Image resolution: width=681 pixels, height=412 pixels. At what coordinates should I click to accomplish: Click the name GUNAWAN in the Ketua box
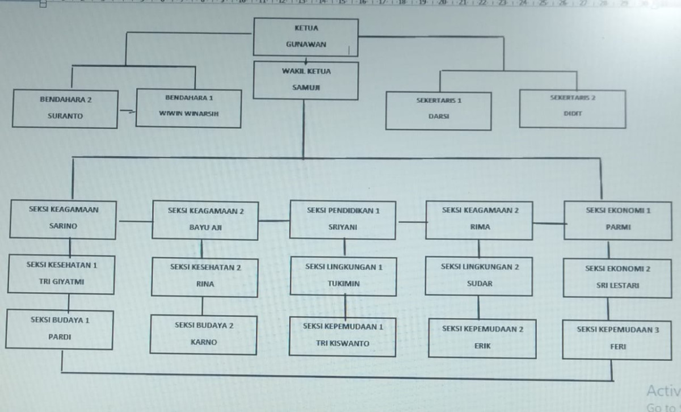306,45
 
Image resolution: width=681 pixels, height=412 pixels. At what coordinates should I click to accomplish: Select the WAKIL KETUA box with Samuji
306,80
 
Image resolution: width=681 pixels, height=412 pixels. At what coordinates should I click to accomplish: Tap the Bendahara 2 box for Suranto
65,108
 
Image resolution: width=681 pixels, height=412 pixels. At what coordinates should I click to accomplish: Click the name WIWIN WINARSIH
188,113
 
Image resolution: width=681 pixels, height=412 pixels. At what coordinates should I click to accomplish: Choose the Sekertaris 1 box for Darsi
438,110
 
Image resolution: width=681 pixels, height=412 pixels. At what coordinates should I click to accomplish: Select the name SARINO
63,226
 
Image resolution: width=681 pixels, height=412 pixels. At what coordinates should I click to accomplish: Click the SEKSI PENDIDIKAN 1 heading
343,211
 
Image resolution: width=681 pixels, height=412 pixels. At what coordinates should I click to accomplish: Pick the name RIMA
479,227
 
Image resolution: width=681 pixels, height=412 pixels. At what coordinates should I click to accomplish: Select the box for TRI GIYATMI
61,274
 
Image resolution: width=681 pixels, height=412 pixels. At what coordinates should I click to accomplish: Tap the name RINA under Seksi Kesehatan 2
205,284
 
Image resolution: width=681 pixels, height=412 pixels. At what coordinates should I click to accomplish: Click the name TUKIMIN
343,283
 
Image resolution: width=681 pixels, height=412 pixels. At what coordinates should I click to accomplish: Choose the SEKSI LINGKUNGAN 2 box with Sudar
479,275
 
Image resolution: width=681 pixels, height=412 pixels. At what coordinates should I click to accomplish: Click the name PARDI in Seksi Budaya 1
59,337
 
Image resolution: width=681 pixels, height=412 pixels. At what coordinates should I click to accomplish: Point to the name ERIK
482,346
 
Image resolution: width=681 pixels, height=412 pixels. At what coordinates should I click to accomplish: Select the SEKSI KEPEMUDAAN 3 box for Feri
617,339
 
